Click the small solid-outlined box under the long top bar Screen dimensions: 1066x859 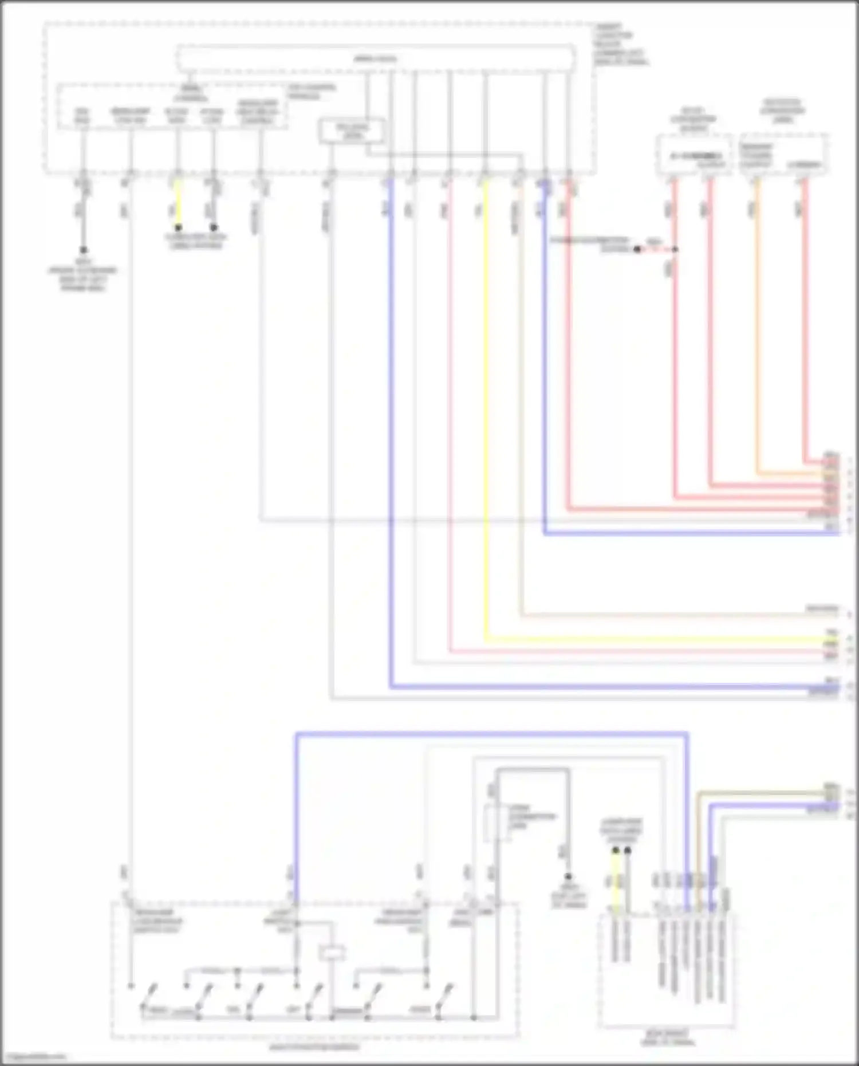coord(352,131)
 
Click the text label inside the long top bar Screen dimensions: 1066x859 coord(375,58)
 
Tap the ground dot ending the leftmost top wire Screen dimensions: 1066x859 coord(83,250)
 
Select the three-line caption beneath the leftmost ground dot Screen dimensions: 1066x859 coord(83,279)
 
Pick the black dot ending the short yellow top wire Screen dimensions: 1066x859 coord(178,227)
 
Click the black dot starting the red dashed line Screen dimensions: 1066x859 coord(637,249)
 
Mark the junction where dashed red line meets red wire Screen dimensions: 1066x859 coord(675,249)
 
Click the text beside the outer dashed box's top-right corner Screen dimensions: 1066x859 coord(620,44)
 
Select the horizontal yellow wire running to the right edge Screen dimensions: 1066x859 coord(659,639)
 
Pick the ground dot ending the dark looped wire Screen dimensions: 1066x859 coord(568,876)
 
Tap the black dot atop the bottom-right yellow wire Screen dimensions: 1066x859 coord(616,851)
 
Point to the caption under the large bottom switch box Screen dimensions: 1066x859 coord(315,1047)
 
